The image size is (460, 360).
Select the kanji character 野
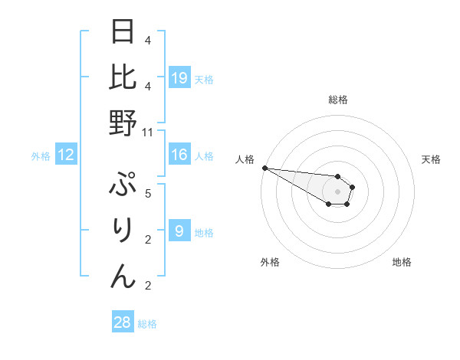(x=123, y=123)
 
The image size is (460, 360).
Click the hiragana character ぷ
(x=123, y=187)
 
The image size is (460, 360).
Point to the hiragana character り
(x=123, y=231)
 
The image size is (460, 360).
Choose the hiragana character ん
(x=123, y=276)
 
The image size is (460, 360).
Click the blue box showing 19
(x=179, y=77)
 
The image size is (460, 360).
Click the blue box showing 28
(x=123, y=322)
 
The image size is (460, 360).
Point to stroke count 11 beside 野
(x=148, y=133)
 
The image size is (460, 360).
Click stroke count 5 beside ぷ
(x=148, y=193)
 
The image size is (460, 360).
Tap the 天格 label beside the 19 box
(x=204, y=80)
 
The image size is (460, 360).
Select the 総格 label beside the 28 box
(x=147, y=325)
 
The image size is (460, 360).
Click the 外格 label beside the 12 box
(x=41, y=157)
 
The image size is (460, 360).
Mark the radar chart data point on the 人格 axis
(x=264, y=168)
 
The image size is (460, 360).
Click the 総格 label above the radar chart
(x=338, y=100)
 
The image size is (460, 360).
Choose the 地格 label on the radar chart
(x=402, y=262)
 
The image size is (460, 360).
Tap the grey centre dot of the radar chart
(x=338, y=191)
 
